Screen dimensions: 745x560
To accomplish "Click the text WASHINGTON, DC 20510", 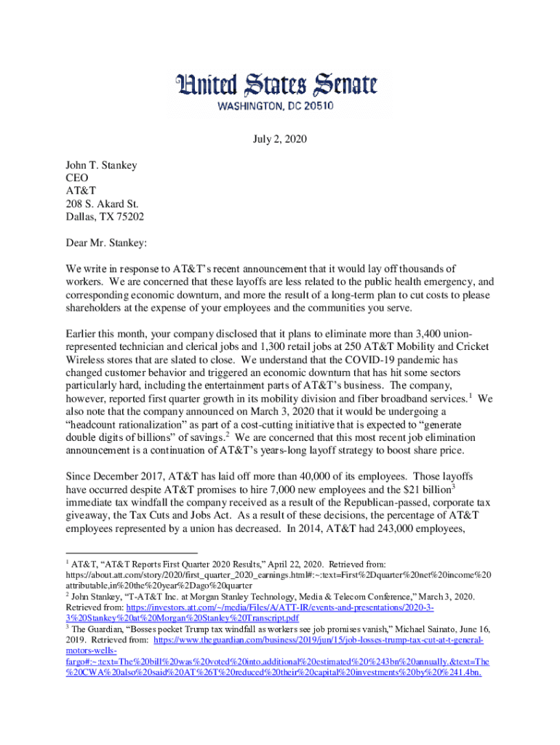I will click(x=279, y=105).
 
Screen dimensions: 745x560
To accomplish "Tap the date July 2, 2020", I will click(x=280, y=138).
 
